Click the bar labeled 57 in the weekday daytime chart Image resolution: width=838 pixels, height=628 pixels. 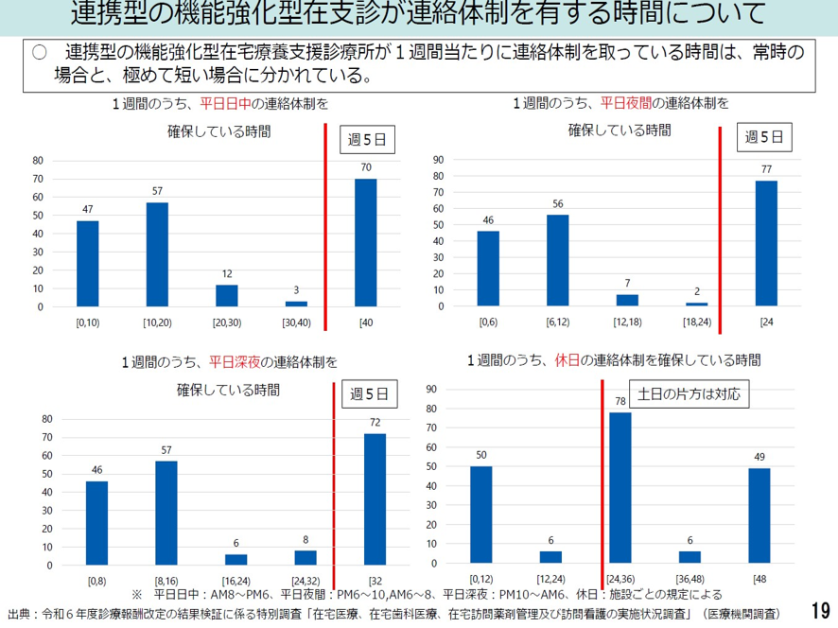(157, 254)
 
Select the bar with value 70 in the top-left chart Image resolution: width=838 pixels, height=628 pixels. (365, 243)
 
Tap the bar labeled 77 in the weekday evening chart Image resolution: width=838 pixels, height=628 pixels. (766, 243)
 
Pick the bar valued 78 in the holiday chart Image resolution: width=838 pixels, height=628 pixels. (620, 487)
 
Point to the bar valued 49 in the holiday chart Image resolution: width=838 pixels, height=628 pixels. (759, 515)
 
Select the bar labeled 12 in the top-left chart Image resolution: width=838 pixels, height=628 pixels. (227, 295)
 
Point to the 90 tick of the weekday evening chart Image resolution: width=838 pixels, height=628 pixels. (438, 160)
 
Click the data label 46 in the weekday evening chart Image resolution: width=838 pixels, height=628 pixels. (488, 220)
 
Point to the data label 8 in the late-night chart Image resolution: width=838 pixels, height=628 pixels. (306, 540)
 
